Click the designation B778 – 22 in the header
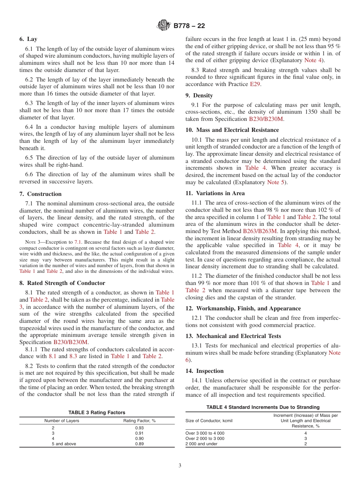pos(189,26)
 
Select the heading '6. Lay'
pos(28,39)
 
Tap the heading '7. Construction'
pos(41,194)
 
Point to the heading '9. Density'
pos(199,95)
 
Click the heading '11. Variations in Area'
pos(215,193)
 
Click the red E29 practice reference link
pos(255,84)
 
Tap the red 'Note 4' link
pos(313,60)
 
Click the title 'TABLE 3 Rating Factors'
pos(97,412)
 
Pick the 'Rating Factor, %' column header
pos(139,421)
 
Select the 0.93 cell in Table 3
pos(139,428)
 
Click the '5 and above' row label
pos(64,444)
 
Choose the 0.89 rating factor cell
pos(139,444)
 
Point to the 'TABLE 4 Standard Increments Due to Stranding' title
pos(263,407)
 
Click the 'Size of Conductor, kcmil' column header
pos(209,421)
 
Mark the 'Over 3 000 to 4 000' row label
pos(205,433)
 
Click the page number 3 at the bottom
pos(180,466)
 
